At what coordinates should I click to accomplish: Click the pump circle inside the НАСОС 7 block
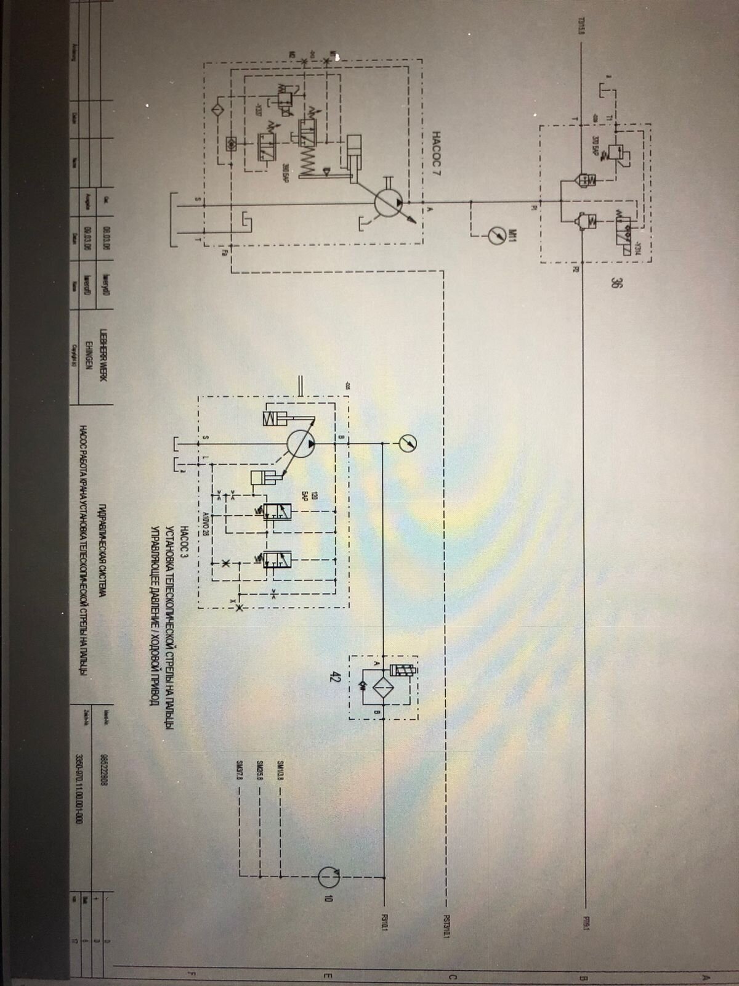coord(390,202)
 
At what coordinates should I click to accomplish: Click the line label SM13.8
coord(281,771)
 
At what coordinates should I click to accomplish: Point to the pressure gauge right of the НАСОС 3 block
coord(406,442)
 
